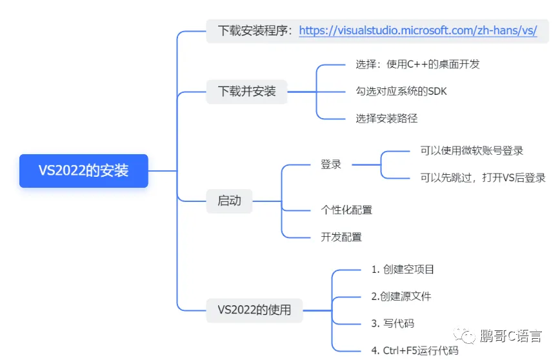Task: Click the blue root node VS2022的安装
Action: (x=83, y=171)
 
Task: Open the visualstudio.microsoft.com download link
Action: (x=418, y=30)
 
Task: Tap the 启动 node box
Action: (x=229, y=201)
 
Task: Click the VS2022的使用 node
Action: (x=254, y=310)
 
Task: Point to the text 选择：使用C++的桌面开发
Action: (x=417, y=64)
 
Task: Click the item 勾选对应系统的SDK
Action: (x=401, y=91)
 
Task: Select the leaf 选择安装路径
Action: (x=386, y=118)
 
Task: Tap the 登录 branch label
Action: (x=331, y=165)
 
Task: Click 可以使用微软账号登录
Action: (x=472, y=150)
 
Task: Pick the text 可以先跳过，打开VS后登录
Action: (x=483, y=178)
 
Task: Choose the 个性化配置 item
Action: (x=346, y=210)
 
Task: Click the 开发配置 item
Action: (x=341, y=237)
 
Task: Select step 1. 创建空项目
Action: (x=403, y=269)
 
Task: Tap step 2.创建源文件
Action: (x=401, y=296)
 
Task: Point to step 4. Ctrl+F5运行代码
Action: (x=414, y=350)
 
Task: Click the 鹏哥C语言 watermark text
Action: (x=511, y=336)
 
